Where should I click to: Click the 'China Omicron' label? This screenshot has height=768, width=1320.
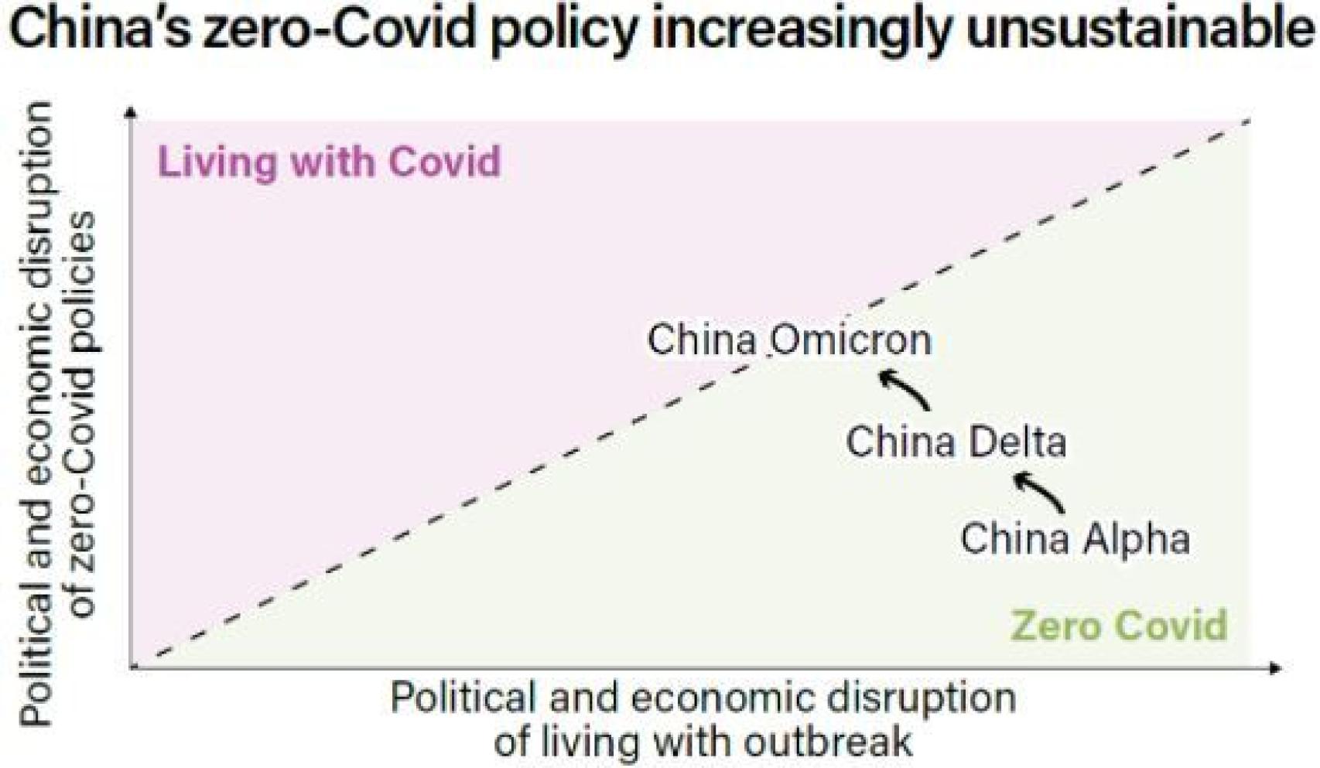[788, 340]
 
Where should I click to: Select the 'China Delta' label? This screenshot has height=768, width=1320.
[956, 442]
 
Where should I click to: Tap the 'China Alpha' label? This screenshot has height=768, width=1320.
[1075, 538]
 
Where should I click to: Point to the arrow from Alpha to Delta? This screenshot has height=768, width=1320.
[1039, 491]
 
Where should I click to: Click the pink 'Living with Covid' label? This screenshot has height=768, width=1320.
[330, 162]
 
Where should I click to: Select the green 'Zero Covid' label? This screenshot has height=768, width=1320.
[1119, 625]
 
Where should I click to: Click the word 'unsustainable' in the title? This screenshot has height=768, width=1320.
[1142, 31]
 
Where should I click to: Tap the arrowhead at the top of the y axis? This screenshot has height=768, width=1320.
[131, 113]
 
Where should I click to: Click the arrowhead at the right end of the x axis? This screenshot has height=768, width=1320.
[1274, 667]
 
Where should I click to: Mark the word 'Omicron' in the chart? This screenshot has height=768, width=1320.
[850, 340]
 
